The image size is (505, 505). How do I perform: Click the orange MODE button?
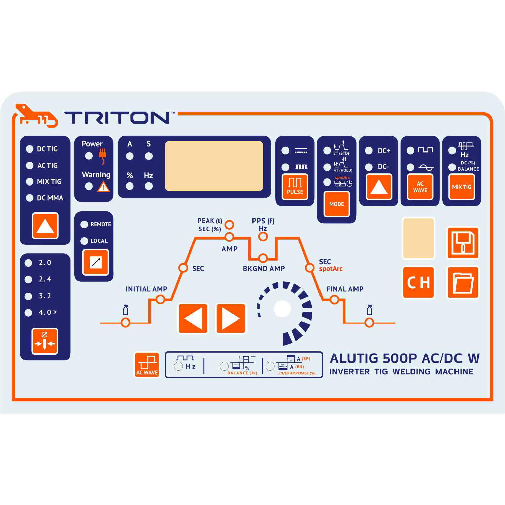(x=336, y=204)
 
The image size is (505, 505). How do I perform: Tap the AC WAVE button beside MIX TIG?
(x=420, y=187)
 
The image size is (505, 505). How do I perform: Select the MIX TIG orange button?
(x=462, y=187)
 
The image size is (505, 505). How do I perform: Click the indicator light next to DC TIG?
(x=30, y=149)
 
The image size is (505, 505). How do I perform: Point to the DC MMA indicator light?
(x=30, y=198)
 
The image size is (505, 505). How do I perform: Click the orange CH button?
(x=418, y=282)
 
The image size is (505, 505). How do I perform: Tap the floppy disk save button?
(x=463, y=243)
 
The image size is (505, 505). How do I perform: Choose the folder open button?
(x=463, y=282)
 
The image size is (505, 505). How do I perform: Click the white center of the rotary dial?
(x=282, y=309)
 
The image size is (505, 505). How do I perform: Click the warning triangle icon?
(x=103, y=187)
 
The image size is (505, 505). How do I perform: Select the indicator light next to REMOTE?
(x=84, y=224)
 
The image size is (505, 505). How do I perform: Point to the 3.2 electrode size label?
(x=45, y=296)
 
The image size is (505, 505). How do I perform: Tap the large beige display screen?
(x=214, y=166)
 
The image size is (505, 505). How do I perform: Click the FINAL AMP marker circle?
(x=334, y=299)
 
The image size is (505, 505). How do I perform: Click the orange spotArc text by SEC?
(x=331, y=269)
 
